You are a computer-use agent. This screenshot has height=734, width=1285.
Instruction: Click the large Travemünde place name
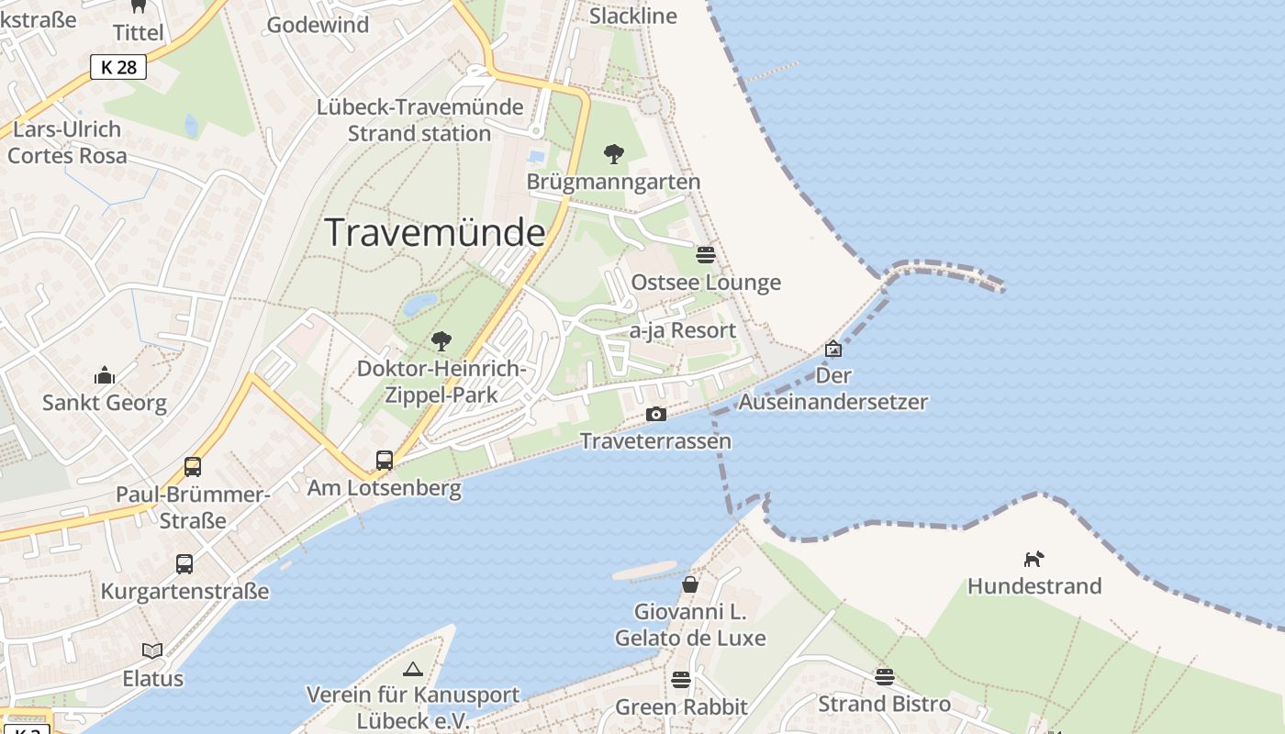(435, 233)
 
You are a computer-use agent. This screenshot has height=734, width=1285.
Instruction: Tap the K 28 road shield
(118, 67)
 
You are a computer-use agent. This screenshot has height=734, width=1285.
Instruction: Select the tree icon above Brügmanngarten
(613, 153)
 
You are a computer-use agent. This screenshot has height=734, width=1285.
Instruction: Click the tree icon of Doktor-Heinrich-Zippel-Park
(441, 341)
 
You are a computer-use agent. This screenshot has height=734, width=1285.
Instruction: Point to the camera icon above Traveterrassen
(655, 414)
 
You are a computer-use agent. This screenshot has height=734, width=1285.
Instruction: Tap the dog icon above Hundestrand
(1034, 558)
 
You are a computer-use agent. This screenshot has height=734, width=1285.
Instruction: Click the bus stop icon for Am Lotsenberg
(385, 460)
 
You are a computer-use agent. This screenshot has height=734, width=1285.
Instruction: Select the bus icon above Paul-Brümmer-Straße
(193, 466)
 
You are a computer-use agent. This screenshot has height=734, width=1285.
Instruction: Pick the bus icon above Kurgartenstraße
(184, 563)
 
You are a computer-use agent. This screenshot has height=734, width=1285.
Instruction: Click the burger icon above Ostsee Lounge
(705, 254)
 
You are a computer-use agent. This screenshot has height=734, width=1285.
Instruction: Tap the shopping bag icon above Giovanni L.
(689, 584)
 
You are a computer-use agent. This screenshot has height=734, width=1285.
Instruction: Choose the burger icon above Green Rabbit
(680, 679)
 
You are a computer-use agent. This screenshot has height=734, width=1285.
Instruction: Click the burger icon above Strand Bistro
(884, 676)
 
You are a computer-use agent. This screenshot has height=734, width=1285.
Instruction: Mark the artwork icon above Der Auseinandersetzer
(832, 349)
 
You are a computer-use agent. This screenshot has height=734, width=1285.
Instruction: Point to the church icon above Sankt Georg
(104, 375)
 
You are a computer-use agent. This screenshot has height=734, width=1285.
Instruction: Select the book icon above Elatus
(152, 651)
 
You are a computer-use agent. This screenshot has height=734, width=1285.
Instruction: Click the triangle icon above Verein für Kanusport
(412, 669)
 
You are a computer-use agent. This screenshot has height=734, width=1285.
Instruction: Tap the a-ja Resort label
(683, 330)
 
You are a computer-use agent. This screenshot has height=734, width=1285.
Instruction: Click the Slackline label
(633, 16)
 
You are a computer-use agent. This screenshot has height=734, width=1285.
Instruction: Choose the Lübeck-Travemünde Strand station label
(419, 120)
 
